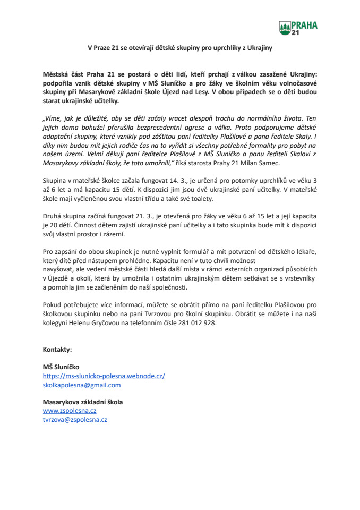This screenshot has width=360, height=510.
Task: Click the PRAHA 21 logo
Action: point(295,28)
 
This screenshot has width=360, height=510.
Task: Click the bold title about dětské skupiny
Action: point(179,47)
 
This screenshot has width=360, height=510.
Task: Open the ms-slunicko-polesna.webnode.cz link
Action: point(104,376)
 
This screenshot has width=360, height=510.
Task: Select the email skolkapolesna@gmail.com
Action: point(82,385)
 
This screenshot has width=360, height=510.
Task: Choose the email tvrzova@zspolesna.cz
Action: point(75,419)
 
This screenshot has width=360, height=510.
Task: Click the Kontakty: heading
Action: point(57,350)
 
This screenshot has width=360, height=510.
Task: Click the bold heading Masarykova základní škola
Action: point(82,402)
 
